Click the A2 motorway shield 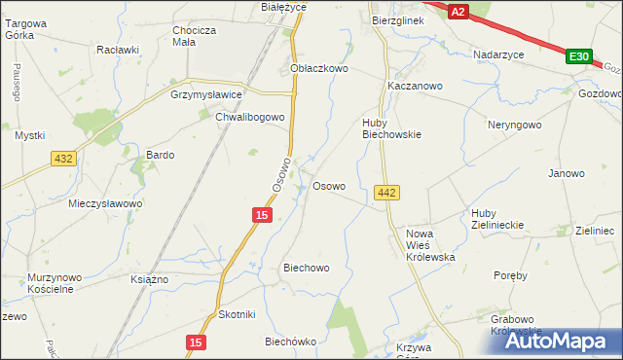[x=458, y=10]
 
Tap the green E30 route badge [x=578, y=57]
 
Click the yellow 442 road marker [x=385, y=194]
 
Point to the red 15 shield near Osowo [x=261, y=213]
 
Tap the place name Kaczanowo [x=415, y=86]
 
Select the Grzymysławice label [x=205, y=95]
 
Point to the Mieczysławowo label [x=105, y=203]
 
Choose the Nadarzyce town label [x=499, y=54]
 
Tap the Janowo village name [x=567, y=173]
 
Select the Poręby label [x=510, y=275]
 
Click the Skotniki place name [x=237, y=314]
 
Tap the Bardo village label [x=160, y=155]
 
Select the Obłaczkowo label [x=319, y=69]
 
